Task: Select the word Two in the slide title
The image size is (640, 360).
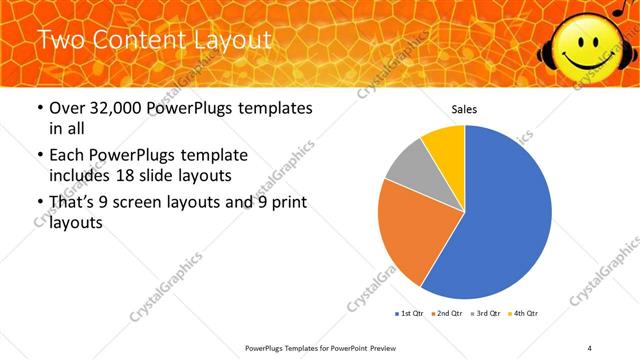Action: coord(60,41)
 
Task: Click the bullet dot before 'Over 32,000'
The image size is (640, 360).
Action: coord(39,109)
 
